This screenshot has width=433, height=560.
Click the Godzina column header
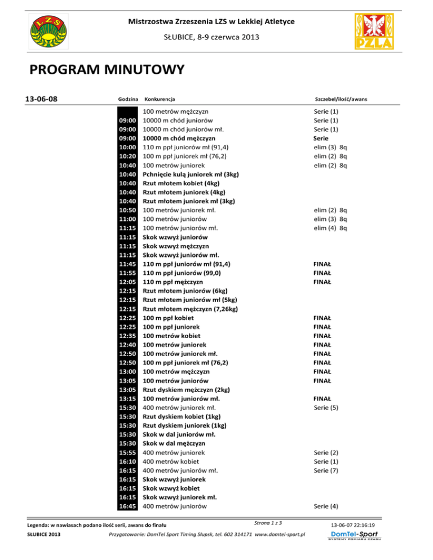pos(128,99)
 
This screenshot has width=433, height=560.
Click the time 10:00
pos(128,147)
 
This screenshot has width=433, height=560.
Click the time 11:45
pos(128,264)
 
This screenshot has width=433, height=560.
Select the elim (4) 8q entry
pos(330,228)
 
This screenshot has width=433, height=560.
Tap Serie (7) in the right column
pos(326,470)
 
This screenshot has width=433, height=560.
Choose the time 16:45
pos(128,506)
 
